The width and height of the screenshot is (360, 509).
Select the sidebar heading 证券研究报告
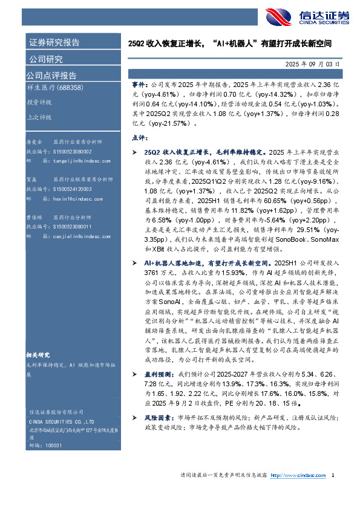pyautogui.click(x=54, y=42)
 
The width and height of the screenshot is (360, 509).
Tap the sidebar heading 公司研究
pyautogui.click(x=46, y=59)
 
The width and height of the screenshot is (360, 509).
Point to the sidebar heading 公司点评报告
pyautogui.click(x=51, y=76)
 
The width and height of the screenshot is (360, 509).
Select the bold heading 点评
pyautogui.click(x=139, y=137)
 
